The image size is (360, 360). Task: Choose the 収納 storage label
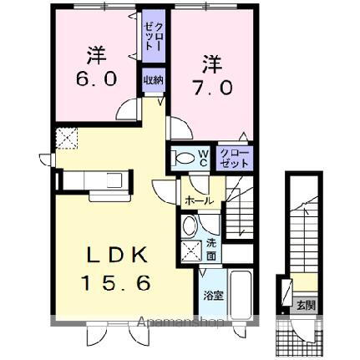152,81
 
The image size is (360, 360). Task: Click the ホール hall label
198,200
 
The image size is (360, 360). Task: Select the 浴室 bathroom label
211,295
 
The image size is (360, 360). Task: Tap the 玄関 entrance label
305,306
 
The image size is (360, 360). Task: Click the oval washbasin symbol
190,226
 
